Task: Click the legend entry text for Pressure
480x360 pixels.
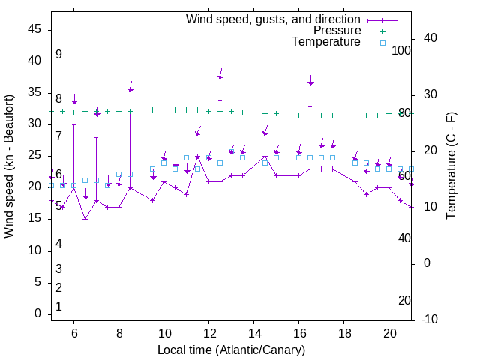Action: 337,31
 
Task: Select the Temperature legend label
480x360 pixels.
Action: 326,42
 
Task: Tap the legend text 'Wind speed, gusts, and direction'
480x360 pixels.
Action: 274,19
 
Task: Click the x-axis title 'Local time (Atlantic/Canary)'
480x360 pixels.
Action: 231,350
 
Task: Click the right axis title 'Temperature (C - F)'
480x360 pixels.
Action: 451,166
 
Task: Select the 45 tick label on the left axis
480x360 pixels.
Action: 34,29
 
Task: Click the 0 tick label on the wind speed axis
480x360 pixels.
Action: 37,313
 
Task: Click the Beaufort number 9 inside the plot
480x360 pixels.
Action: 58,55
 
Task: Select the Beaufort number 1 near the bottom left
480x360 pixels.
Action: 58,307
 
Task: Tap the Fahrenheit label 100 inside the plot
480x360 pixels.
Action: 402,50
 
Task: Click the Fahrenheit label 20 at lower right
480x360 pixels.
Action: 405,301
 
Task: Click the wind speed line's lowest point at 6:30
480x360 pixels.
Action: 85,219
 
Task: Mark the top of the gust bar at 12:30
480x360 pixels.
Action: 220,100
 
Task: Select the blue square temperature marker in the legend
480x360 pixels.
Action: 382,43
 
